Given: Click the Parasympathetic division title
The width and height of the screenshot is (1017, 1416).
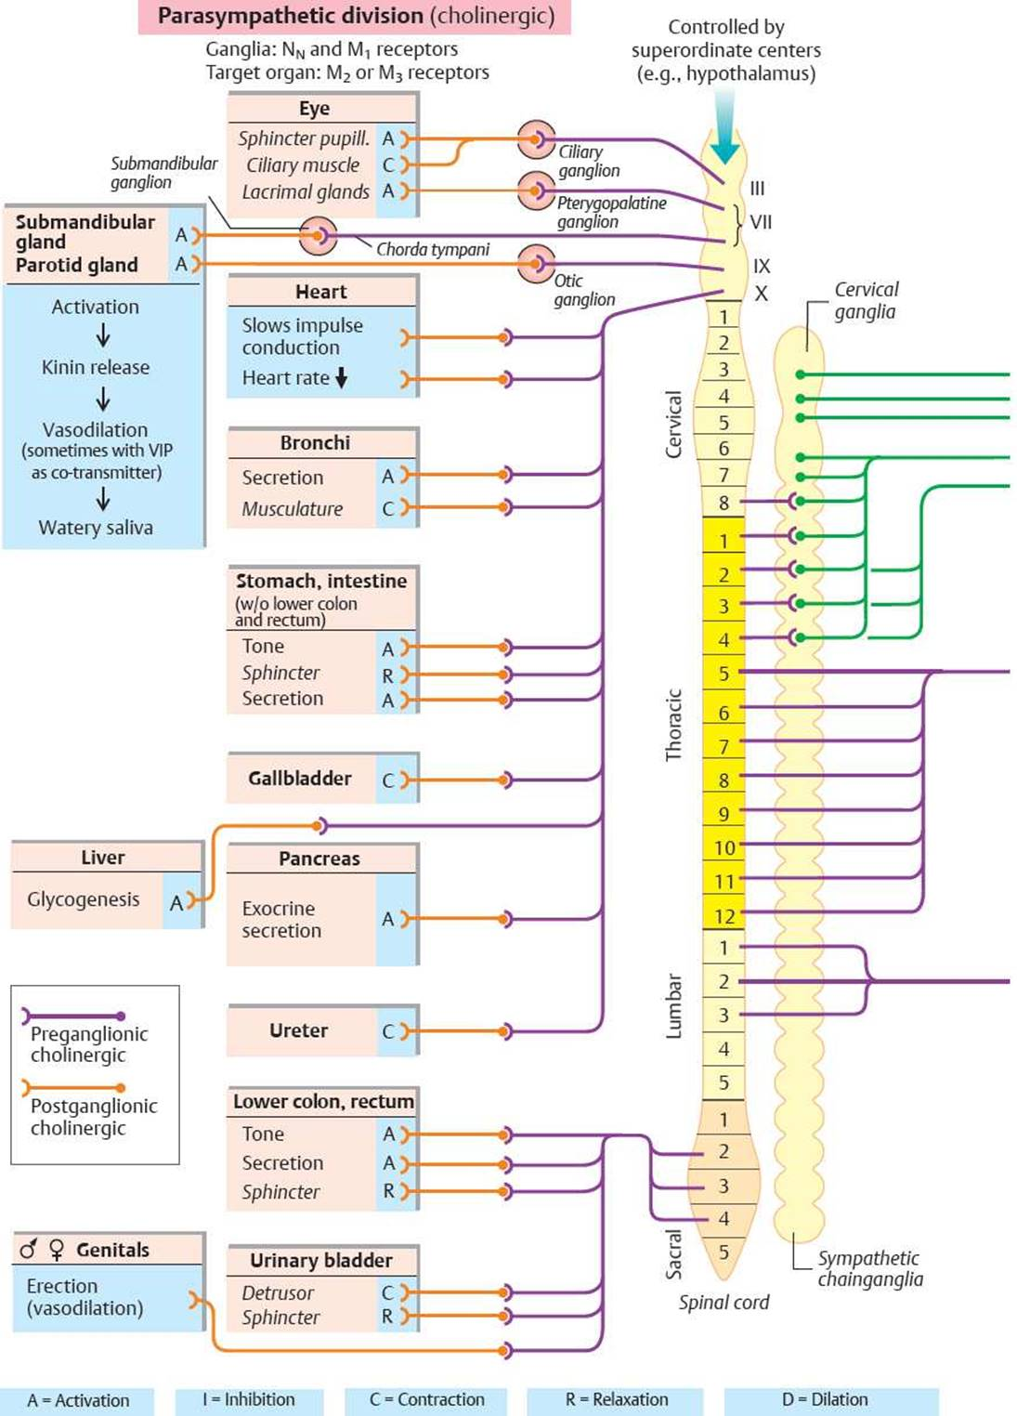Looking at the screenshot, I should (355, 16).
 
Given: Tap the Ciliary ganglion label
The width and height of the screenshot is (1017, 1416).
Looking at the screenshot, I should (588, 161).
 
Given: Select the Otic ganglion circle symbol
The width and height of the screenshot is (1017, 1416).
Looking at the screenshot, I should (536, 264).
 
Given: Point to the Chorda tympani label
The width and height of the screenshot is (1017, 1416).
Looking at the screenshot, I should (432, 249).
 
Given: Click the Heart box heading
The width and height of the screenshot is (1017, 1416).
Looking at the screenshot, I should (320, 292).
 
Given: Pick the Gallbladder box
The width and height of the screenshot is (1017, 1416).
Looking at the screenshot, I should (300, 779).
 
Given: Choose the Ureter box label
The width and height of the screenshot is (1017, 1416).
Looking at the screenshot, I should (298, 1030).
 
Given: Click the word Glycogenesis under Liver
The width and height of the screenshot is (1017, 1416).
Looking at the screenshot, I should (84, 899).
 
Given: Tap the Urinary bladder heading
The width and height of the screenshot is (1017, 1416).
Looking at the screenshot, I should (320, 1260).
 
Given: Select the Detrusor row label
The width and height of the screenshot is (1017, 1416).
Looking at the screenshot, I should (278, 1292).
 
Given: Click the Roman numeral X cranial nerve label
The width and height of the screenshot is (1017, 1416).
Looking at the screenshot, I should (762, 294).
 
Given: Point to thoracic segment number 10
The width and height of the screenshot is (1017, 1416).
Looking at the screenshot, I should (724, 847).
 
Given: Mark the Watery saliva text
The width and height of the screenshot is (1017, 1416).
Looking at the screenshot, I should (96, 528).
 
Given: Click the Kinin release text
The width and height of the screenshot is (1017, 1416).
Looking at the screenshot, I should (96, 367).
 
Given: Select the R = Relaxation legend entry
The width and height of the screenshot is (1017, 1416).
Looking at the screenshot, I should (616, 1399).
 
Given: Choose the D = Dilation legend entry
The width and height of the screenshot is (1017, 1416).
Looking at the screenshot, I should (825, 1399).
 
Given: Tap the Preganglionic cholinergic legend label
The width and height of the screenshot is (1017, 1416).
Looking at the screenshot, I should (88, 1044).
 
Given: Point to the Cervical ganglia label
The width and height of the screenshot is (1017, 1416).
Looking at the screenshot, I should (866, 300).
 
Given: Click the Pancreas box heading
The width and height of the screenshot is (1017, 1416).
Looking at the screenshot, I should (319, 859).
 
